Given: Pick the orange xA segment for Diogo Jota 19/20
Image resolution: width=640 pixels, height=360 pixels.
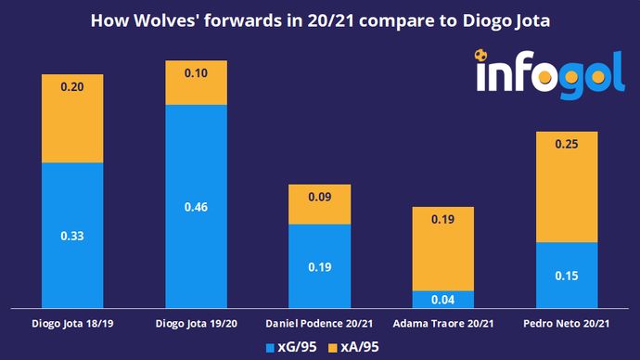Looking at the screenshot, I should click(196, 83).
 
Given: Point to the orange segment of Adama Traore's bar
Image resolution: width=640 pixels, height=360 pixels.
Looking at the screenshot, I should click(442, 249).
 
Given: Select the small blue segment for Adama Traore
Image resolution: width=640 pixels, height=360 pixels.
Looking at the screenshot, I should click(442, 299).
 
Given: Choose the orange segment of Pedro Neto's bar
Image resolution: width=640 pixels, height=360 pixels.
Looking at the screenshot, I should click(566, 186).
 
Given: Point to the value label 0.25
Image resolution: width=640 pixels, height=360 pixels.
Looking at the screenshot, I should click(566, 144).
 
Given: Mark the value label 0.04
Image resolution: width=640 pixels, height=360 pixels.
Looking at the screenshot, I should click(442, 299).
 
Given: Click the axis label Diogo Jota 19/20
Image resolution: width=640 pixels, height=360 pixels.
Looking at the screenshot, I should click(196, 324).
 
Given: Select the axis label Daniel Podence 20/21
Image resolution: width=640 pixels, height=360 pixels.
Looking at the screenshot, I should click(319, 324).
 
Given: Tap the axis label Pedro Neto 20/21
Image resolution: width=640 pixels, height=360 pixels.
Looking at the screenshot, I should click(566, 324).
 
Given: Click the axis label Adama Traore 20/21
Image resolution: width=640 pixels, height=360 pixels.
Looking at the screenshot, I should click(442, 324).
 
